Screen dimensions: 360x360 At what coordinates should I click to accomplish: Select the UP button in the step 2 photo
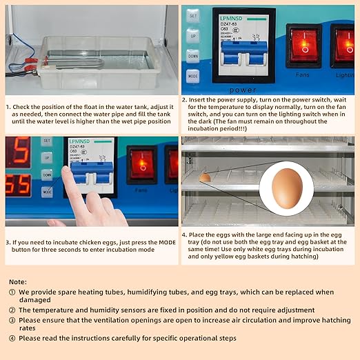[193, 35]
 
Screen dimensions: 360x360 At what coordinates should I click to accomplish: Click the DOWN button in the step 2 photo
[193, 56]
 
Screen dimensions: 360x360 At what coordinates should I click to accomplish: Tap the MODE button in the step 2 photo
[193, 77]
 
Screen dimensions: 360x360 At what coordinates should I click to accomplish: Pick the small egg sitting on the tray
[205, 178]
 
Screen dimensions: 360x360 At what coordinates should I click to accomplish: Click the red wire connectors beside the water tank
[30, 68]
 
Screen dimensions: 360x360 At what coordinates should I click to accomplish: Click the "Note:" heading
[19, 282]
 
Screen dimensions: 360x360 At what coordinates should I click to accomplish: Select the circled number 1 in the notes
[13, 292]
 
